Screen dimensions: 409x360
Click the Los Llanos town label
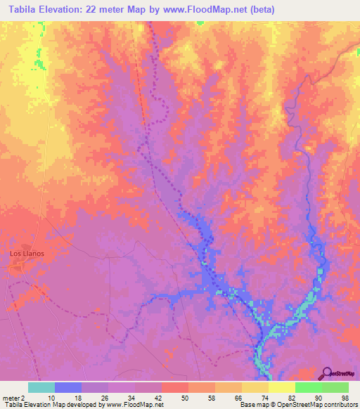(x=27, y=252)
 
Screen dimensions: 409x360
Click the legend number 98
(x=345, y=397)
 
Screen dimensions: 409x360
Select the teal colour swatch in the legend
(x=41, y=387)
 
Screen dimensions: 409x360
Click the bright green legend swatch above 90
(x=308, y=387)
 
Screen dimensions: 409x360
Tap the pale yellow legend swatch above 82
(x=281, y=387)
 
